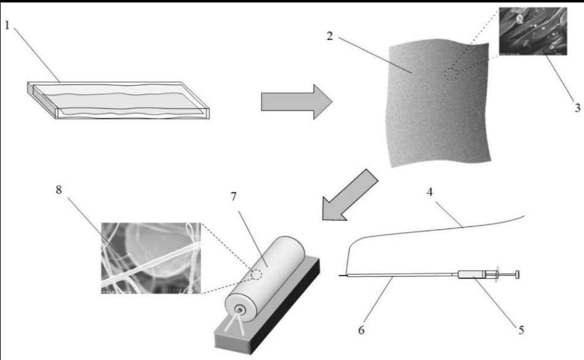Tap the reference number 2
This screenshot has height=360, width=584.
click(x=330, y=34)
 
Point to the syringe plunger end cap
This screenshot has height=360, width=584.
click(x=518, y=274)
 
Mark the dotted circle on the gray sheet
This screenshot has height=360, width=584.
click(x=454, y=74)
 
